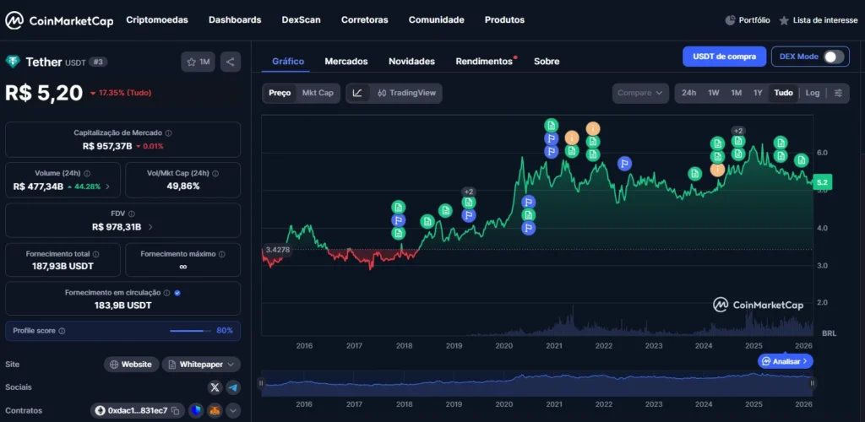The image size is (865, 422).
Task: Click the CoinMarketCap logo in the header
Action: [59, 20]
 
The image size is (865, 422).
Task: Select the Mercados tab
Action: [346, 61]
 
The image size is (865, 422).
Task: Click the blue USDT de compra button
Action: [724, 57]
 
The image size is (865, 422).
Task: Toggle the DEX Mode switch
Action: [834, 57]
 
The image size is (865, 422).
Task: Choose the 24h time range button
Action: [688, 93]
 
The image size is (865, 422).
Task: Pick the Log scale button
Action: [812, 93]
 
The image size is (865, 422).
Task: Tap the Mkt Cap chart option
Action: [318, 93]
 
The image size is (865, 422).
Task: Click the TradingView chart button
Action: [407, 93]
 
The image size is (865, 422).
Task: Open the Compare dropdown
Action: [639, 93]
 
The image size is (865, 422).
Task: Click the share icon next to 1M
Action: [231, 62]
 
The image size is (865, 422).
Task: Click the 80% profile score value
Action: [225, 331]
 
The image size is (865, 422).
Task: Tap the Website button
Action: [132, 365]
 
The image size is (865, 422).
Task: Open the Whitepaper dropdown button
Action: [200, 365]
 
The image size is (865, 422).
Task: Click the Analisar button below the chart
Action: [786, 361]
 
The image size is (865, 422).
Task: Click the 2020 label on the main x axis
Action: [503, 346]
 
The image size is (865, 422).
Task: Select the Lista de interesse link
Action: [818, 20]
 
